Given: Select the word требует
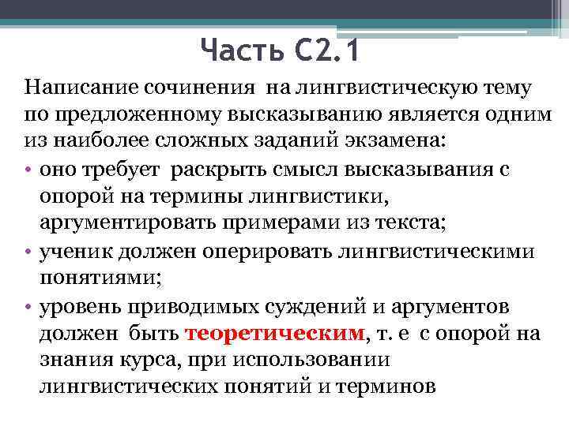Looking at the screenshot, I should tap(122, 169).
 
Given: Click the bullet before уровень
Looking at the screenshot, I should tap(28, 306).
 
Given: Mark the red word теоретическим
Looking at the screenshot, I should tap(276, 333).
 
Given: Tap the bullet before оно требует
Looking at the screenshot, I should tap(28, 169).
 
